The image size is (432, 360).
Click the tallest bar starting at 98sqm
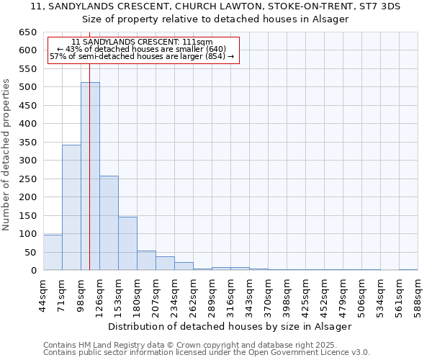click(x=90, y=176)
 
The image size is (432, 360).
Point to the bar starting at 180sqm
click(x=146, y=261)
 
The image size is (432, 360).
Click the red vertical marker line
click(x=89, y=216)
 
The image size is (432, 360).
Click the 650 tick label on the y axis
click(x=27, y=32)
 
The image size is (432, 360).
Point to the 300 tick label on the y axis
click(x=27, y=161)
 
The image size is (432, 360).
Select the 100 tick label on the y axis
click(x=27, y=234)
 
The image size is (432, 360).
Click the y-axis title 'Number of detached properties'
click(x=6, y=155)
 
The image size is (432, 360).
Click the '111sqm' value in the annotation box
click(x=198, y=42)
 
